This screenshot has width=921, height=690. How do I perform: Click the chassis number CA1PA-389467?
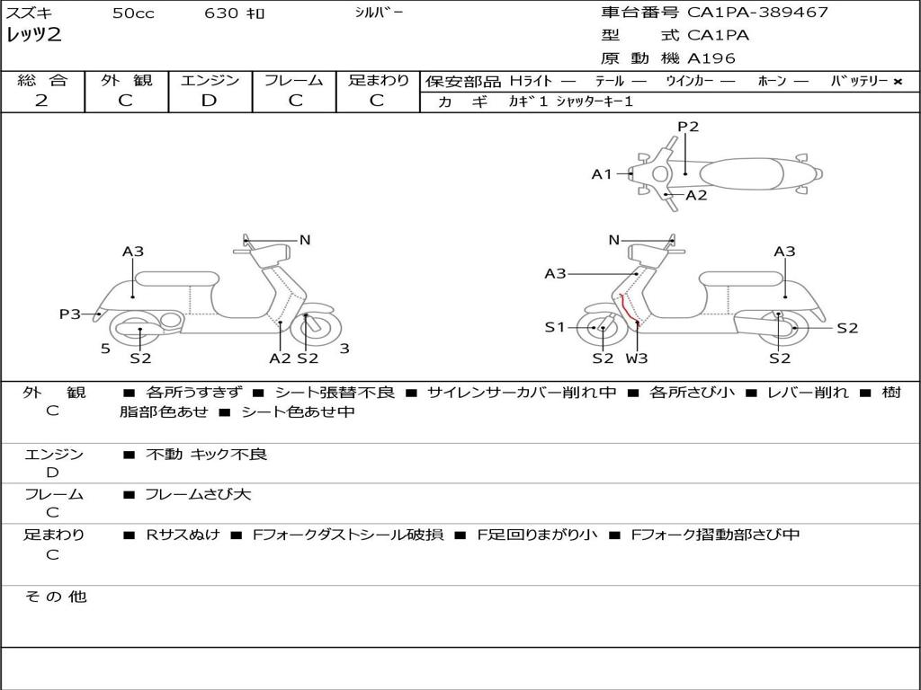757,13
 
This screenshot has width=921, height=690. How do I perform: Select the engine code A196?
711,58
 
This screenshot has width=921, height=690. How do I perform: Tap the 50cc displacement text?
133,13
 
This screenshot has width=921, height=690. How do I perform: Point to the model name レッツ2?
34,36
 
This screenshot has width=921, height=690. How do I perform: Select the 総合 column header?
42,81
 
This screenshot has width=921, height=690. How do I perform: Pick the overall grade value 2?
41,101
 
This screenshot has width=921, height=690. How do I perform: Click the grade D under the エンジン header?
210,101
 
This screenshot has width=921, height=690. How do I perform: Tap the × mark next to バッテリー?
897,82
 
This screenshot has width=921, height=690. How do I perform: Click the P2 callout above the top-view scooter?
688,127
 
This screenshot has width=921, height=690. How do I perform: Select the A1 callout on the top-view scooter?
601,174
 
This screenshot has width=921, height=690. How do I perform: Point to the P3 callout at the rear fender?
70,314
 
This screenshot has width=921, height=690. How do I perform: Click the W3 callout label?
637,358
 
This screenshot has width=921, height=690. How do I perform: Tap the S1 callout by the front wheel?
555,328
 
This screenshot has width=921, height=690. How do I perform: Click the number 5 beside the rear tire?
105,348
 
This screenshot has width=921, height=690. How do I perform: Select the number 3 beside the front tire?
344,348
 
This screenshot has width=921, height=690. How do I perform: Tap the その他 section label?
55,597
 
